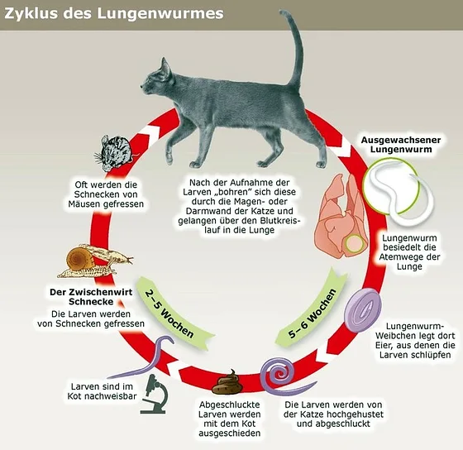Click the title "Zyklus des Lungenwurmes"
click(x=114, y=13)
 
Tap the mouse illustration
click(x=115, y=153)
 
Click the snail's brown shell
click(x=79, y=258)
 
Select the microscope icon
click(x=155, y=394)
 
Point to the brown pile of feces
click(x=228, y=384)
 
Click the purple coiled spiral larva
click(x=279, y=376)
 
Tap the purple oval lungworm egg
click(x=363, y=310)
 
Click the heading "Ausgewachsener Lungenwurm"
click(x=401, y=145)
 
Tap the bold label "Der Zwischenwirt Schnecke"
click(x=91, y=297)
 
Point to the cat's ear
click(x=165, y=69)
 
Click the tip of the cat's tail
click(x=283, y=12)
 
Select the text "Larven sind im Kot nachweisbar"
click(x=102, y=391)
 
